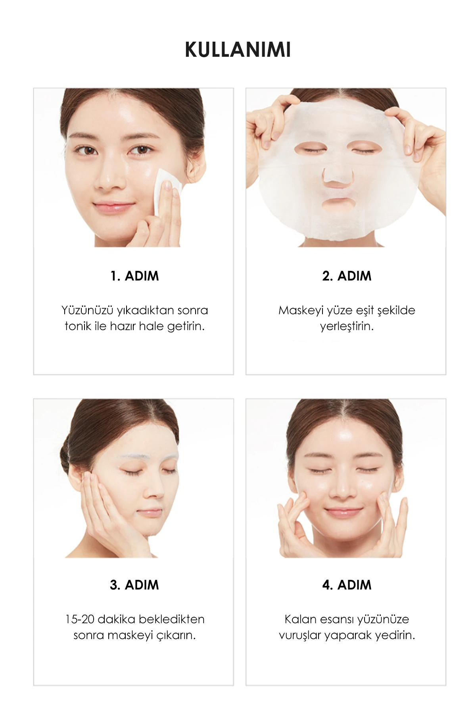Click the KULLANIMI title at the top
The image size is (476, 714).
[238, 50]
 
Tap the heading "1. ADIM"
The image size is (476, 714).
[134, 276]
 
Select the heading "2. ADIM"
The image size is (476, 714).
[347, 276]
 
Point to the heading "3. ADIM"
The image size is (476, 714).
[134, 585]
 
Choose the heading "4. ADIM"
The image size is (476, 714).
[347, 585]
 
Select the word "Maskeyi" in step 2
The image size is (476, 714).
[301, 310]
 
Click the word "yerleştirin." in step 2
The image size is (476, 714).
[347, 327]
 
